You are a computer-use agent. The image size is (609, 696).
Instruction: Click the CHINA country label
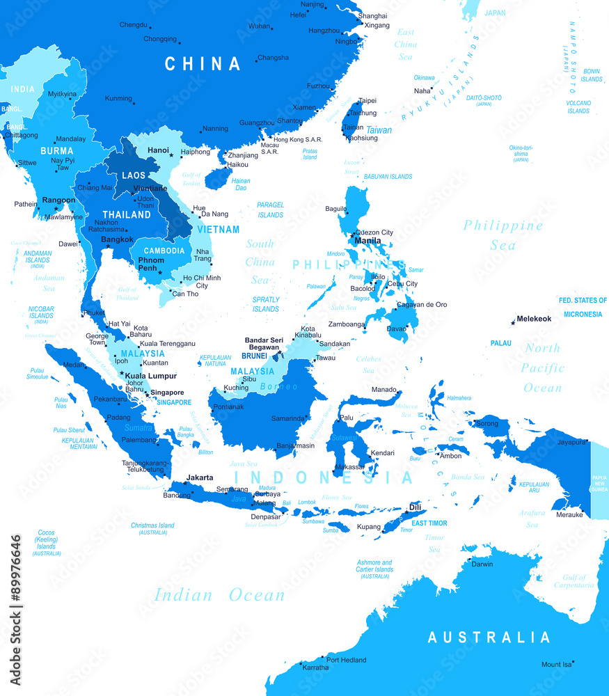point(203,64)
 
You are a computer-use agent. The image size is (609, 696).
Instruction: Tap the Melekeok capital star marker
point(513,322)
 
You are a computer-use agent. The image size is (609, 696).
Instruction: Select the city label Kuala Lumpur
point(150,376)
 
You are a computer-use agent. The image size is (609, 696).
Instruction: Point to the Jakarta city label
point(200,477)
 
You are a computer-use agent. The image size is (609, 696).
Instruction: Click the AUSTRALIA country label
point(489,638)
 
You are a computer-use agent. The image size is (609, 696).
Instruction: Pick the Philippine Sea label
point(503,235)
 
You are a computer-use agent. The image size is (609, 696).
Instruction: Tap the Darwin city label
point(482,564)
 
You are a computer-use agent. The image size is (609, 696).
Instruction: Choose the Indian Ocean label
point(219,595)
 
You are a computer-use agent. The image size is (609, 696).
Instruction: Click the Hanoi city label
point(158,150)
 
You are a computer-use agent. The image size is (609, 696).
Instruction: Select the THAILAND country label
point(127,214)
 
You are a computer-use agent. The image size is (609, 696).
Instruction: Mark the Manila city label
point(367,241)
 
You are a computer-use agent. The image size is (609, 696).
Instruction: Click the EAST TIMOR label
point(429,523)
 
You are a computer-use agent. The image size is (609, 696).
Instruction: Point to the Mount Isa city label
point(556,665)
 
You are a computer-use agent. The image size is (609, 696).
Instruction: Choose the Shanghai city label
point(372,15)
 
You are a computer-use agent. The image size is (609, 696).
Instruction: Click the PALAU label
point(500,343)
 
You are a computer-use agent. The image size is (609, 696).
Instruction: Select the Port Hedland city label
point(346,660)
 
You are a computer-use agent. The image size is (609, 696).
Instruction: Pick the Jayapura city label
point(571,441)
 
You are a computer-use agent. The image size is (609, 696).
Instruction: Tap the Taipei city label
point(367,101)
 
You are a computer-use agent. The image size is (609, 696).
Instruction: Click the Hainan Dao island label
point(241,184)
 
